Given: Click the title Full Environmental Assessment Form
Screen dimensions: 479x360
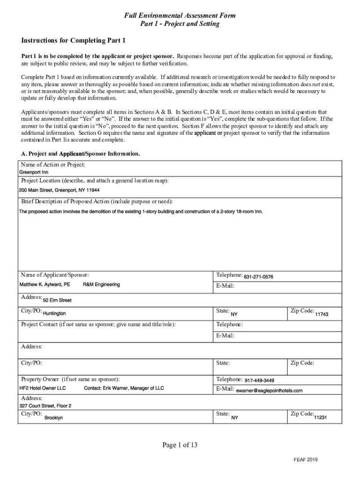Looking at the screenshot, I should click(180, 16).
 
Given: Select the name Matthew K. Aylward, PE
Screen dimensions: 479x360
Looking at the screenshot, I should click(44, 284).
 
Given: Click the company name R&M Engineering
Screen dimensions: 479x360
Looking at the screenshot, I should click(101, 284).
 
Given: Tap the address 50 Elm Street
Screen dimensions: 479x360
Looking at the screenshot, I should click(57, 300).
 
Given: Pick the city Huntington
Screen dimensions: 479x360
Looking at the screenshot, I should click(54, 313).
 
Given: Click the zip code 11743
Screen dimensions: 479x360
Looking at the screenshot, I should click(322, 314).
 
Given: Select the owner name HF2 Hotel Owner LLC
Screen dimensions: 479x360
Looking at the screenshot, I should click(43, 388).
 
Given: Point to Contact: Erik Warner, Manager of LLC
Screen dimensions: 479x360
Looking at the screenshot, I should click(124, 388).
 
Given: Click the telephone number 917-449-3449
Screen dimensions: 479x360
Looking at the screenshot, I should click(259, 380).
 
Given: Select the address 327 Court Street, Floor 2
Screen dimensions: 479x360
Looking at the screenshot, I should click(45, 406).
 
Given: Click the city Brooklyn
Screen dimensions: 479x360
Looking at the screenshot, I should click(53, 418).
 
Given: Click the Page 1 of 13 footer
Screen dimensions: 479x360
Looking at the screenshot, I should click(180, 445).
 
